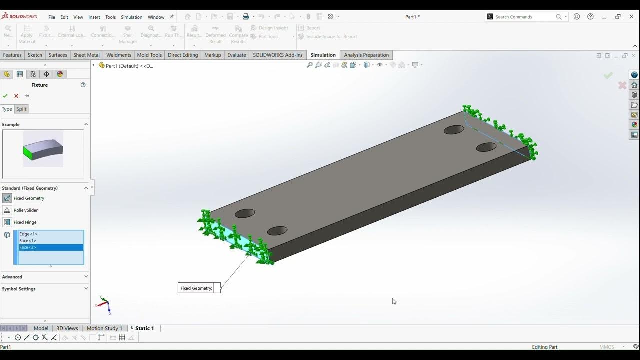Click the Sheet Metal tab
86,55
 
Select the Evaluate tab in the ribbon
236,55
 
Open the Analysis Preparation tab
366,55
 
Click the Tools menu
110,17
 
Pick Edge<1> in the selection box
28,234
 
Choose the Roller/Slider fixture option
25,210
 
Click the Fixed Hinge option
25,222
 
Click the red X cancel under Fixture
16,96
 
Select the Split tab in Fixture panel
21,109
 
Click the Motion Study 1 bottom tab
104,328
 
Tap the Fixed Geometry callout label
196,288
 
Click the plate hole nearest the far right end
486,147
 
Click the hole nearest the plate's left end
245,213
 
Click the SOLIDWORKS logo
19,17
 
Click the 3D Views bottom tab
67,328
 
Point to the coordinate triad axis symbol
104,305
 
